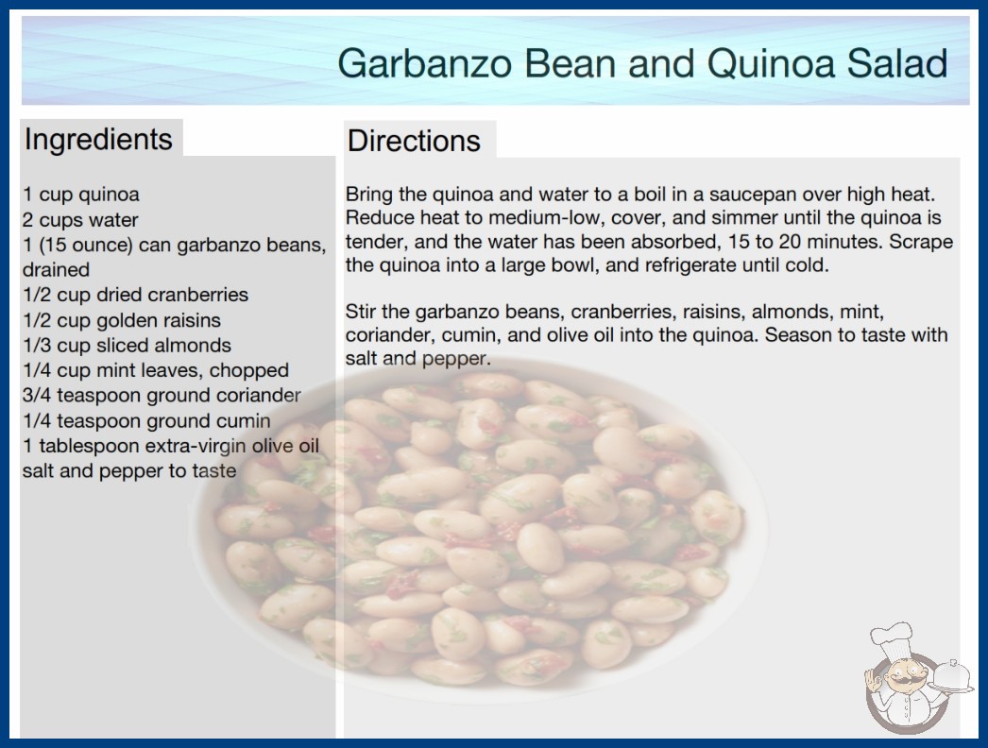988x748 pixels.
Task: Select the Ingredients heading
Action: pyautogui.click(x=98, y=139)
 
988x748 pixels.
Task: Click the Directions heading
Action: pyautogui.click(x=414, y=141)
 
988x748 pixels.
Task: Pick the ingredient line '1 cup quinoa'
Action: pyautogui.click(x=81, y=195)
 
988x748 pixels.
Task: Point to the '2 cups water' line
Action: pyautogui.click(x=80, y=219)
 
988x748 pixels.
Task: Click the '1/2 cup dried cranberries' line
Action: pyautogui.click(x=135, y=295)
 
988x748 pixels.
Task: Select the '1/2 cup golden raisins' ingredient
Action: pyautogui.click(x=122, y=320)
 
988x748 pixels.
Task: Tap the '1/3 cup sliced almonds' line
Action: pyautogui.click(x=127, y=346)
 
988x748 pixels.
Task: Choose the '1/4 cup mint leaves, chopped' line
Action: pyautogui.click(x=156, y=370)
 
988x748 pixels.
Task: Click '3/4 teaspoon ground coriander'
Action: pyautogui.click(x=162, y=395)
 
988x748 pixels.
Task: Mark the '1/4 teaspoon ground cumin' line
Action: pyautogui.click(x=146, y=420)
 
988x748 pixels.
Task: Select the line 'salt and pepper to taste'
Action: pyautogui.click(x=129, y=470)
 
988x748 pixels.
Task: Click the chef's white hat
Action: pyautogui.click(x=893, y=637)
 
